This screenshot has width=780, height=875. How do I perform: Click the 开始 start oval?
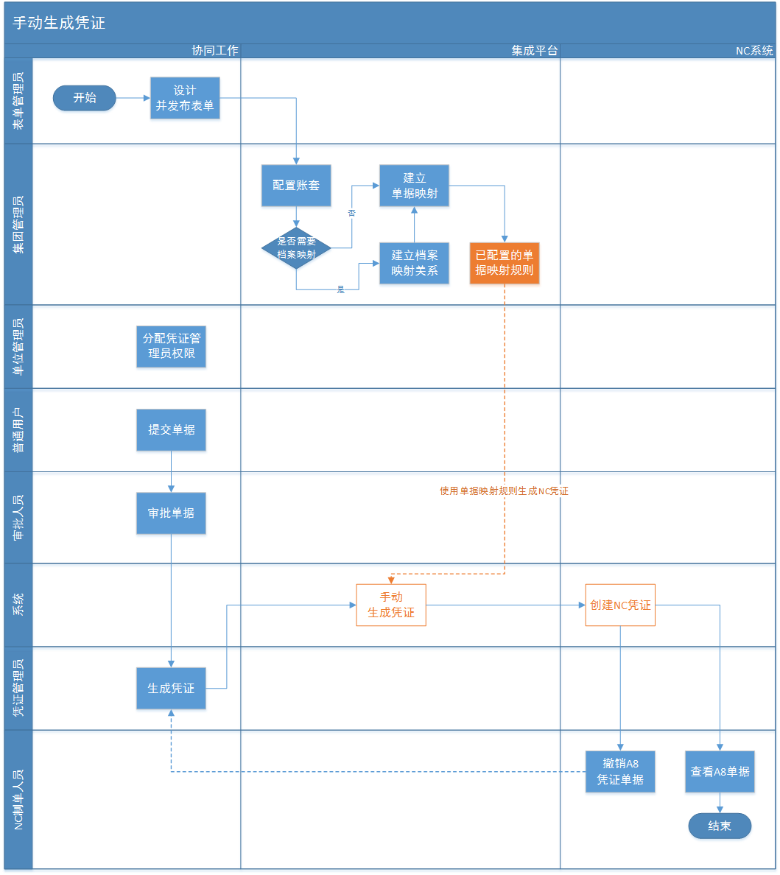[84, 98]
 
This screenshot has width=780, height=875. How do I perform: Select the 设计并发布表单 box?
[185, 98]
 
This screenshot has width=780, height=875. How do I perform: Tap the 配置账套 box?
[296, 186]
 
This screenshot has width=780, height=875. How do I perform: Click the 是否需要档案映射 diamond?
[296, 248]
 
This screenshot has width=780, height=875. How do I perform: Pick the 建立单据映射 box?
[414, 186]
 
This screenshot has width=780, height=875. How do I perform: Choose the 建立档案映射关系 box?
[414, 263]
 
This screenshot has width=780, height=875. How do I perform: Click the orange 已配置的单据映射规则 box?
[505, 263]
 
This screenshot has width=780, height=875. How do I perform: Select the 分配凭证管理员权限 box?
[171, 346]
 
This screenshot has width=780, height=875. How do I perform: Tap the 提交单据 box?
[171, 429]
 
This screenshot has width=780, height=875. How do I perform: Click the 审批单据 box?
[171, 513]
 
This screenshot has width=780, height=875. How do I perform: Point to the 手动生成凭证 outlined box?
[391, 605]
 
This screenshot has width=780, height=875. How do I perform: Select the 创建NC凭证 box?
[620, 605]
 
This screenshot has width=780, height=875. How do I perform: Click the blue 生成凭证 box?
[171, 688]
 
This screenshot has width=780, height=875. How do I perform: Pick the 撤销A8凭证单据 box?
[620, 771]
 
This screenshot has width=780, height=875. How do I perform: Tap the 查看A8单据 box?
[720, 771]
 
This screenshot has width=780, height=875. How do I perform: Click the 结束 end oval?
[720, 826]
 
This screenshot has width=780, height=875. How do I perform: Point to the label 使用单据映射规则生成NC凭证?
[504, 491]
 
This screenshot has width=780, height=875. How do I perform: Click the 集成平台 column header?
[535, 51]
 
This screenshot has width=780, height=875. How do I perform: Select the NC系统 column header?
[754, 51]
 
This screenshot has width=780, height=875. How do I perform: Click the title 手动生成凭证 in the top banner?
[59, 23]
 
